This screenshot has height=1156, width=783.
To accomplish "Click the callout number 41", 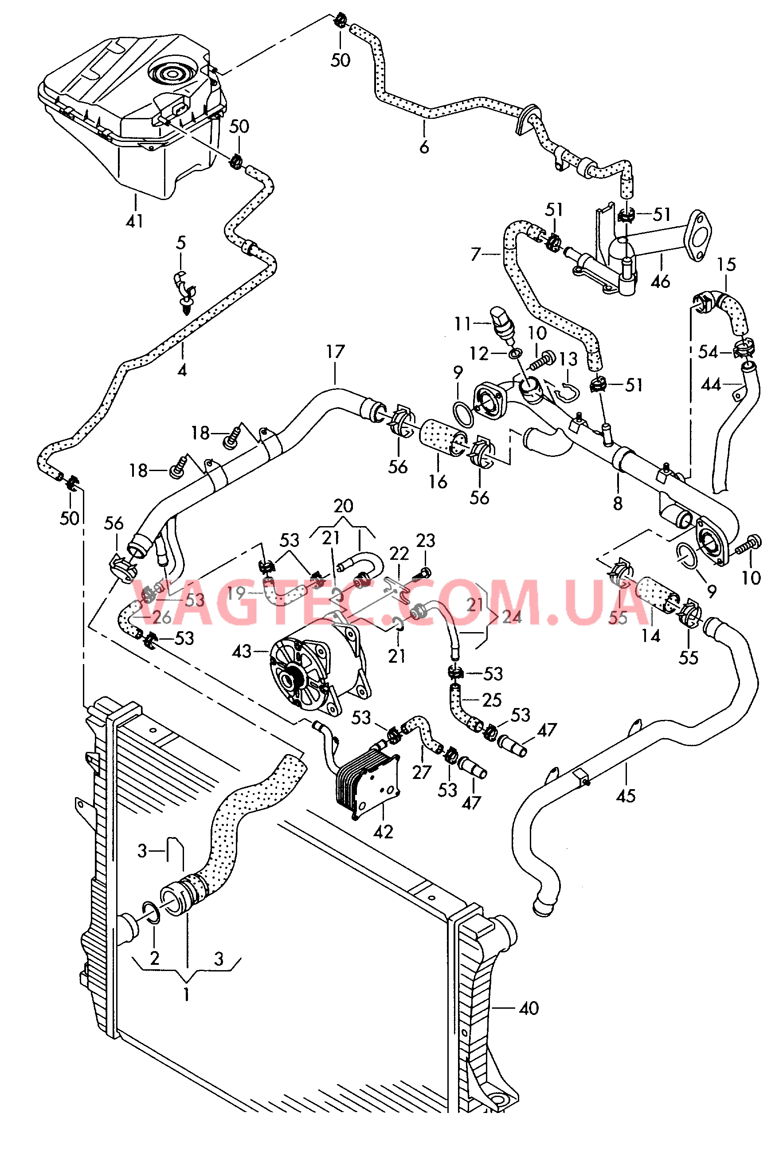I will [135, 221].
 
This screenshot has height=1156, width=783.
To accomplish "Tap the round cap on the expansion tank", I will [172, 74].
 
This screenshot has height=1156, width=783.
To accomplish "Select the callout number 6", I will [424, 147].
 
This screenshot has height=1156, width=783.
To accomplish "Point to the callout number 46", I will [660, 282].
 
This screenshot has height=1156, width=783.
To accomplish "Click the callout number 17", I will [335, 352].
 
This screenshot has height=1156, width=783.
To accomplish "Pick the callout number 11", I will [462, 324].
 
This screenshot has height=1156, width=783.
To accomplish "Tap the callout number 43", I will [242, 651].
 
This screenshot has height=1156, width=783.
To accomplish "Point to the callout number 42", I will [383, 832].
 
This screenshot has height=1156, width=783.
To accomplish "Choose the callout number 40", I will [529, 1008].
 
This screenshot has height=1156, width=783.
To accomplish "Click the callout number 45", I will [626, 796].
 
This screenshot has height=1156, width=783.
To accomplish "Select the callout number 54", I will [708, 352].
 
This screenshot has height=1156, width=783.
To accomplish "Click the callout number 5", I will [181, 243].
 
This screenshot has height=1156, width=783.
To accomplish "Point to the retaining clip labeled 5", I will [185, 294].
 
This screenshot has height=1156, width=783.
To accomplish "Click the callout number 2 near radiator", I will [155, 958].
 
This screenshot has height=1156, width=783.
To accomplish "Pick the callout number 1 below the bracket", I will [186, 995].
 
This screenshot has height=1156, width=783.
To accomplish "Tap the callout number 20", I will [343, 506].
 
